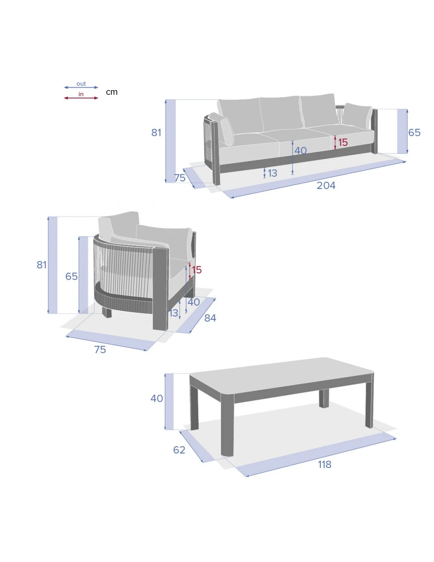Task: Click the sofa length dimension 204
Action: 326,185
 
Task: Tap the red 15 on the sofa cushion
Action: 343,142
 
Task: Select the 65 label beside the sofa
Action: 414,132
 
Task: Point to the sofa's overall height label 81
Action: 156,132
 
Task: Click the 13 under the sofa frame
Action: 272,173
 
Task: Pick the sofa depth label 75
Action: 180,178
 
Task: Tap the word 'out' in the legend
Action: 81,84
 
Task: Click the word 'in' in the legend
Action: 81,94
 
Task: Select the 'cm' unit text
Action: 112,92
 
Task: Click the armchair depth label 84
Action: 210,318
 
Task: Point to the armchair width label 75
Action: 100,350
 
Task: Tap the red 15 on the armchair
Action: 197,270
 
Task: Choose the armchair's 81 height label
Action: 41,265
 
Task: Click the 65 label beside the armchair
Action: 71,277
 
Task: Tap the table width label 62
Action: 179,450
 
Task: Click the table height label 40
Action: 157,398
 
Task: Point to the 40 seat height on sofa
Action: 301,151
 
